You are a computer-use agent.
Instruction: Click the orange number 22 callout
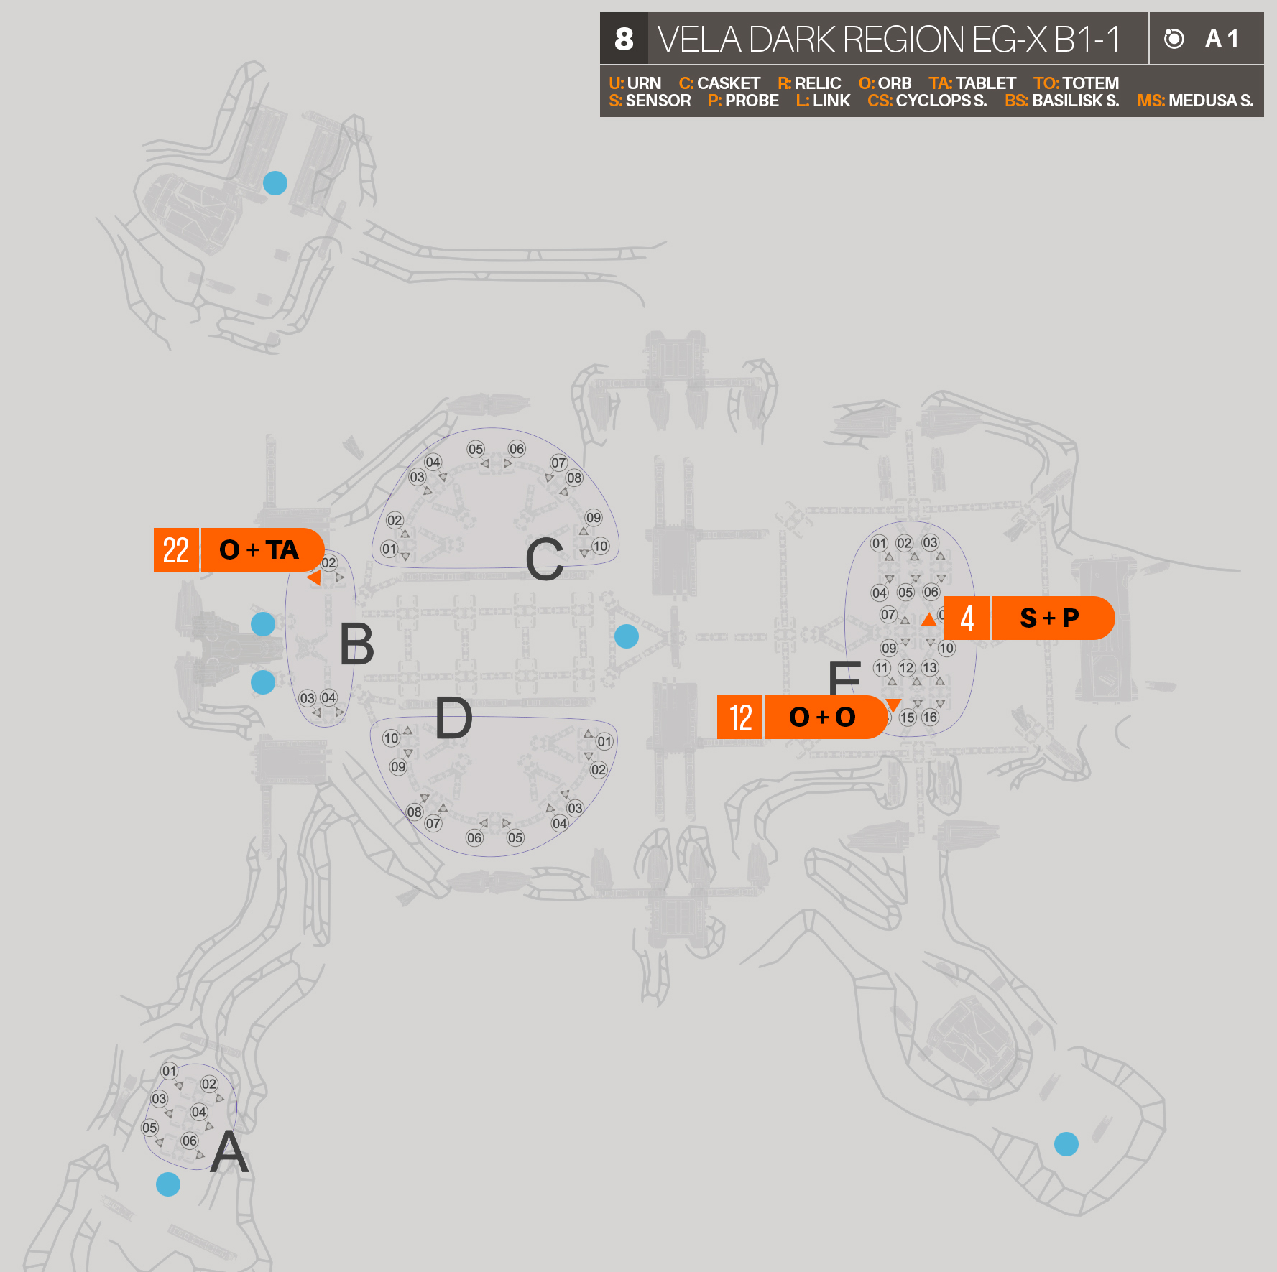click(176, 550)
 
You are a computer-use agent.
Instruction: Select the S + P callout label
click(1049, 618)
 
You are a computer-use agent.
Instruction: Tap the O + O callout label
click(822, 717)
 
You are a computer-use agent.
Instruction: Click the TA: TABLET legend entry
click(972, 83)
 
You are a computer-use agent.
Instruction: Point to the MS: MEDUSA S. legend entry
click(1194, 101)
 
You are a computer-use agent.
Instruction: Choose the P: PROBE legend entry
click(743, 101)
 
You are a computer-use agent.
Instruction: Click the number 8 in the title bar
click(624, 39)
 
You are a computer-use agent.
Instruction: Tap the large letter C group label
click(544, 560)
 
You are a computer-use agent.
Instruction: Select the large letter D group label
click(453, 718)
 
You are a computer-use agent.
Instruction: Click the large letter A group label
click(229, 1152)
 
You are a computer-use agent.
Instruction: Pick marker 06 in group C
click(517, 449)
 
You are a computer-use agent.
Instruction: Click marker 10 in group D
click(391, 738)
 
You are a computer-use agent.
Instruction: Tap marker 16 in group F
click(930, 717)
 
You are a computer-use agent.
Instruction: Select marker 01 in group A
click(169, 1071)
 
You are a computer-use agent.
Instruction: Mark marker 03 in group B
click(308, 698)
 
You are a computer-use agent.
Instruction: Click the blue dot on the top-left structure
click(275, 183)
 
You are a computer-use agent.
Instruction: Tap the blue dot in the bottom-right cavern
click(1066, 1144)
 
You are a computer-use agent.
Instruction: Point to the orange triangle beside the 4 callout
click(928, 619)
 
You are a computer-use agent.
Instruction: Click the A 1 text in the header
click(1222, 39)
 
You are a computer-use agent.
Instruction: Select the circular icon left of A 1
click(1174, 39)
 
